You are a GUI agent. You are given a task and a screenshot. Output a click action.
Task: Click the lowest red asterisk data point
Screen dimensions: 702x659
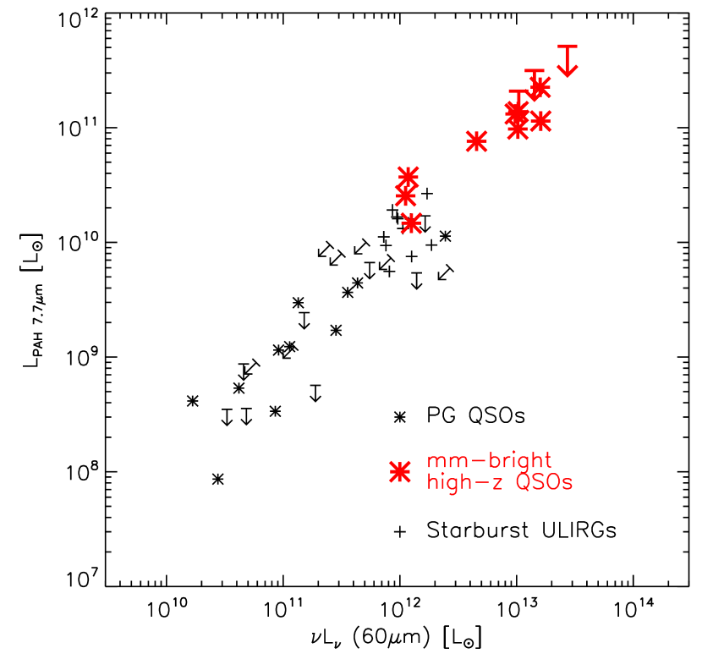pos(411,223)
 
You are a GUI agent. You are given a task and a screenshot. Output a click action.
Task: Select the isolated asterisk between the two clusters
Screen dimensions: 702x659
pos(476,141)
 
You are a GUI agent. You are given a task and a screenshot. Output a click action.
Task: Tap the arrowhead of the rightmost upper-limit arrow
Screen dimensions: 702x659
pos(568,71)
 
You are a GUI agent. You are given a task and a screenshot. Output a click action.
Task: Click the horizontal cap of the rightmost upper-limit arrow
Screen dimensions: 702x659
pos(568,46)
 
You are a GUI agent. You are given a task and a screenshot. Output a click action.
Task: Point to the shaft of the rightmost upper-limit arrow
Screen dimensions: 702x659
pos(568,58)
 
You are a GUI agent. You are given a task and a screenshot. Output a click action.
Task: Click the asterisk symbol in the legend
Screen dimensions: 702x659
pos(400,472)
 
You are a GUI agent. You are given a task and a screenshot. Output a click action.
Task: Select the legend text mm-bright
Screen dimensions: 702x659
pos(489,462)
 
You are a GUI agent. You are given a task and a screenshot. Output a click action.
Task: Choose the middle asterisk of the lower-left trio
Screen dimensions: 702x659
pos(405,196)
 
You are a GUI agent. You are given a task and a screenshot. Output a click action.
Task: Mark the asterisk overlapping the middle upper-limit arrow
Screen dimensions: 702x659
pos(540,87)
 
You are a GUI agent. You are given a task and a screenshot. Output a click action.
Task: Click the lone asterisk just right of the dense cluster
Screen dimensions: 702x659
pos(540,121)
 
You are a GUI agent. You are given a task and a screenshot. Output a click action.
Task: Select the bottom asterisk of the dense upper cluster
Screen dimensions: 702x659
pos(518,130)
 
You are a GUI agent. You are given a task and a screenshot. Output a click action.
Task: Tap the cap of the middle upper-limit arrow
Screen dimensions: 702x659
pos(535,71)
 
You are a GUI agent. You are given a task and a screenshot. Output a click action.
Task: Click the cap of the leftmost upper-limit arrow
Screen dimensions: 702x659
pos(518,91)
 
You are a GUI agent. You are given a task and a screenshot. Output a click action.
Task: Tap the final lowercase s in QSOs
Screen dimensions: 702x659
pos(568,485)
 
